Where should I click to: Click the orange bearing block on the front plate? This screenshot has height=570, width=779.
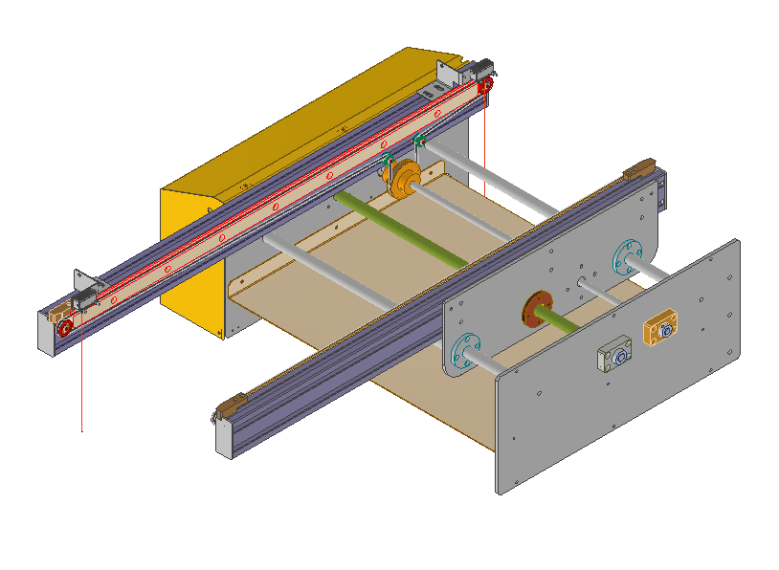661,329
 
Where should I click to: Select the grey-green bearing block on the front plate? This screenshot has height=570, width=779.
614,358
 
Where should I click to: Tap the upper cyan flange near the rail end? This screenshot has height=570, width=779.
628,257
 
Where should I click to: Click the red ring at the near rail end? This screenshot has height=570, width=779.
65,328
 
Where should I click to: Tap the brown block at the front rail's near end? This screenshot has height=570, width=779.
229,408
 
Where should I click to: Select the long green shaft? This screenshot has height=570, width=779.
402,230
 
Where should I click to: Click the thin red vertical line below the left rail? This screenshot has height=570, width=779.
82,383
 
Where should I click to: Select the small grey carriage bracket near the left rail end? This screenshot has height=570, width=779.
85,292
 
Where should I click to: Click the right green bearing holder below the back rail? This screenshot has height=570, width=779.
419,142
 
